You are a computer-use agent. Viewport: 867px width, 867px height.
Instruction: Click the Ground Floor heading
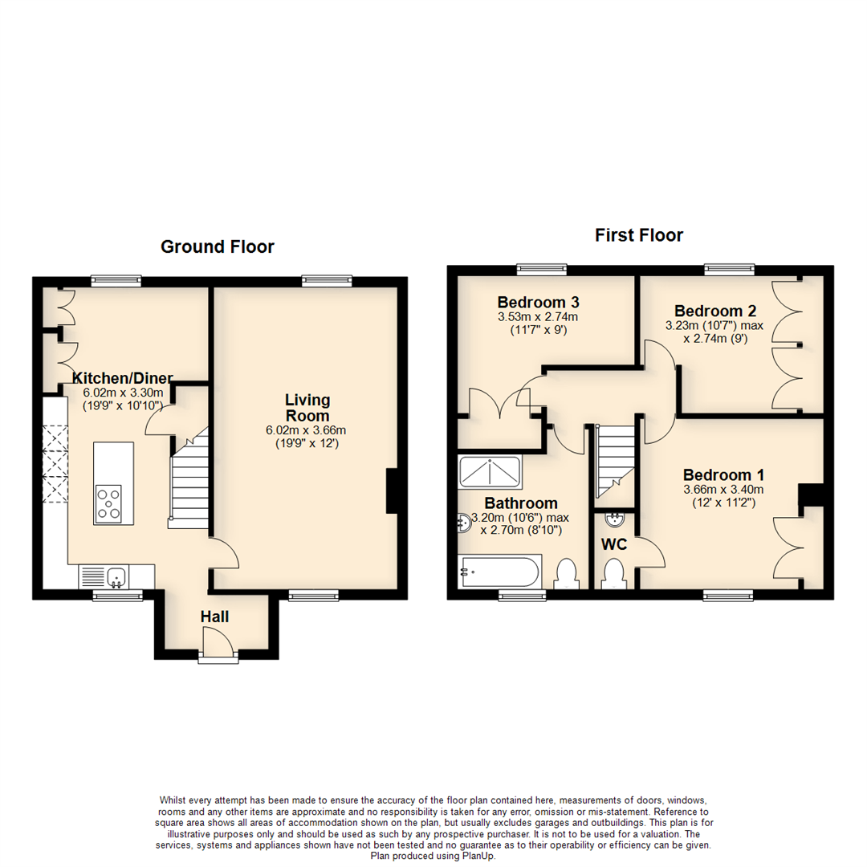coord(217,246)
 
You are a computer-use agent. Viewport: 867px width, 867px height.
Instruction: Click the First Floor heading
coord(638,235)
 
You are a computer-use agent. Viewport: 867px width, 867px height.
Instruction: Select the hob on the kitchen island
coord(108,503)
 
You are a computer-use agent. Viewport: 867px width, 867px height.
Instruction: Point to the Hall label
coord(215,617)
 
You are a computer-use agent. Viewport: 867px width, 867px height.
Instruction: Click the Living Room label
coord(307,408)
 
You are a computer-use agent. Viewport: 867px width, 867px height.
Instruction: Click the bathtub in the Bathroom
coord(499,572)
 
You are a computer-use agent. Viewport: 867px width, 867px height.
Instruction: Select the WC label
coord(614,544)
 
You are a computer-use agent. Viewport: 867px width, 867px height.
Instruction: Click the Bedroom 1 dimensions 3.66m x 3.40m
coord(722,489)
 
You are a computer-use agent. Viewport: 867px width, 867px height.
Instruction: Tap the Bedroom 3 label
coord(538,303)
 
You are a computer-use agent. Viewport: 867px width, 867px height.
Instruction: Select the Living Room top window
coord(327,280)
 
